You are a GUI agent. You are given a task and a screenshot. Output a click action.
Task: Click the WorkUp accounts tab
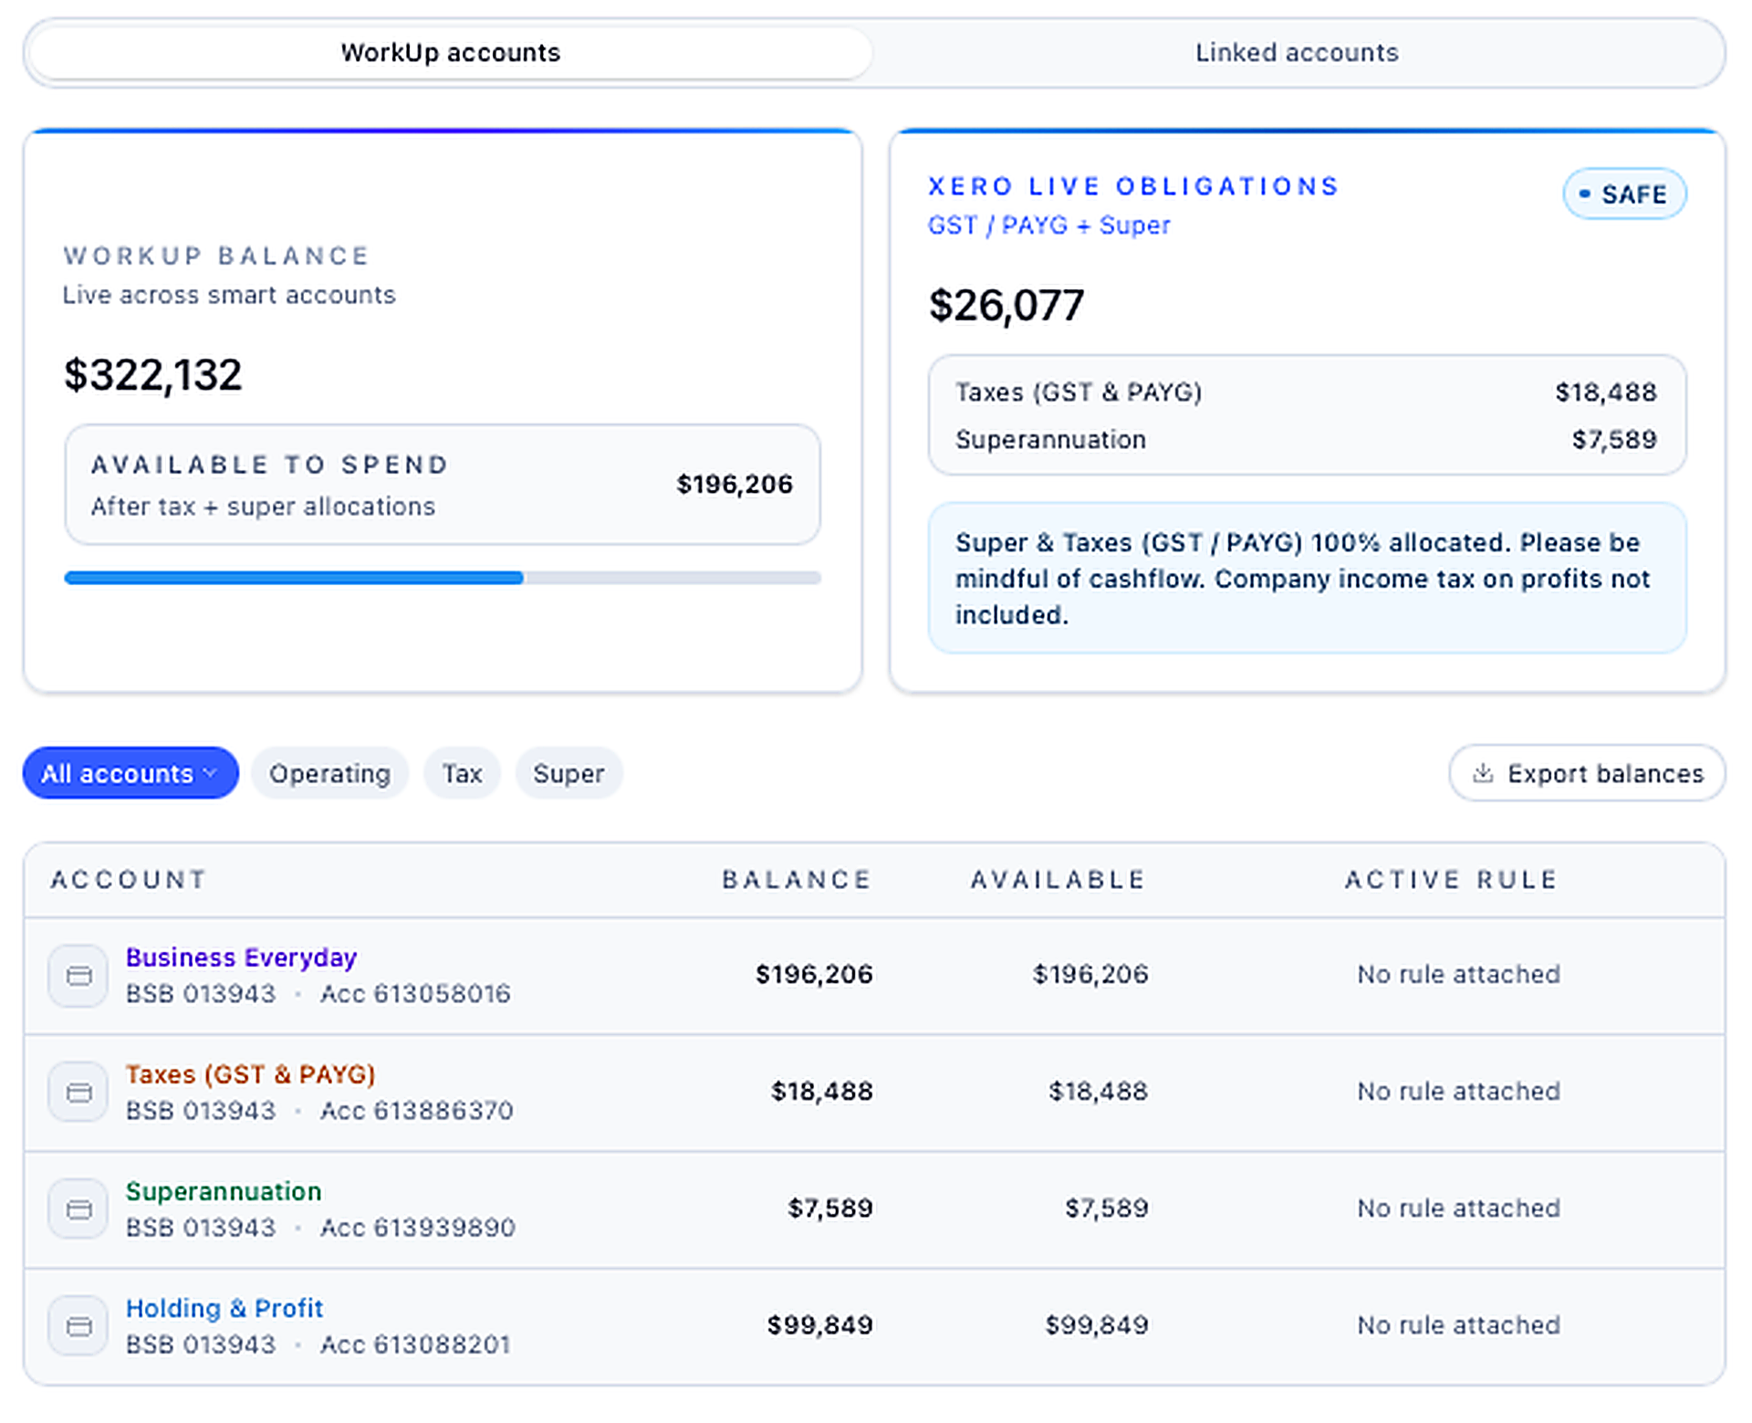pos(451,53)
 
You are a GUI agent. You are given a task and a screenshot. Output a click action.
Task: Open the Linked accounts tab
pos(1297,53)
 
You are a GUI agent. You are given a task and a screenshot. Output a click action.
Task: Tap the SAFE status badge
pos(1624,194)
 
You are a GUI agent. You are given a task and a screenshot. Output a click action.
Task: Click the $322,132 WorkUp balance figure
pos(153,375)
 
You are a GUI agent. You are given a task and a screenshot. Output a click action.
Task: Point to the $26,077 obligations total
pos(1006,306)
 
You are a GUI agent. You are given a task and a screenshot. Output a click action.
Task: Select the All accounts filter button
pos(130,773)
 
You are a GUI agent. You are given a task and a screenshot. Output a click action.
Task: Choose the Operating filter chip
pos(329,773)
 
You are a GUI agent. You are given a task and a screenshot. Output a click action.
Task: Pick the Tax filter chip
pos(462,773)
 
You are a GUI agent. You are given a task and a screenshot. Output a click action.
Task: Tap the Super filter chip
pos(568,773)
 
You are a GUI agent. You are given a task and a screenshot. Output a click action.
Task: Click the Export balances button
pos(1587,773)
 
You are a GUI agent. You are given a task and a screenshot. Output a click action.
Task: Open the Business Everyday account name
pos(241,957)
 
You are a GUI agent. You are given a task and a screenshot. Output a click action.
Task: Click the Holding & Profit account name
pos(224,1308)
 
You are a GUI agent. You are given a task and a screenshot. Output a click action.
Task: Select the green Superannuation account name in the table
pos(224,1191)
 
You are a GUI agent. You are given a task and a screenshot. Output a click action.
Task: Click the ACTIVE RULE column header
pos(1451,879)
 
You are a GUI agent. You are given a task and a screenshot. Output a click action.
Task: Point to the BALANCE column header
pos(797,879)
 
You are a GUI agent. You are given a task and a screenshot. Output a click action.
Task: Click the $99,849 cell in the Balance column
pos(819,1324)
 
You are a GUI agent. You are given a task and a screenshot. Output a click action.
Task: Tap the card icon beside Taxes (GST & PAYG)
pos(79,1092)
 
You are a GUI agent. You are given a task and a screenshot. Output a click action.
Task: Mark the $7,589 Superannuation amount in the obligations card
pos(1613,440)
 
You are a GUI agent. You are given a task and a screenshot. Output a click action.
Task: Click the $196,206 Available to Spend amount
pos(735,484)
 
